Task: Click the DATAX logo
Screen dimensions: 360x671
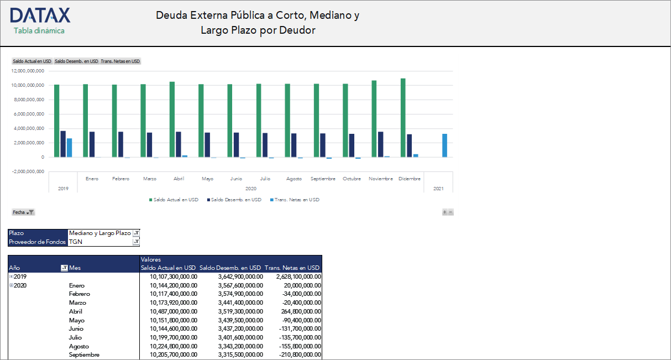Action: click(x=40, y=15)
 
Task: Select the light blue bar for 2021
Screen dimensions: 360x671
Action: click(x=444, y=145)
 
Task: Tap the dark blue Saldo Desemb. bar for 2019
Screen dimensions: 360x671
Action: click(x=63, y=144)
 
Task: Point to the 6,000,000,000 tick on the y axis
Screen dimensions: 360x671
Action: click(x=28, y=114)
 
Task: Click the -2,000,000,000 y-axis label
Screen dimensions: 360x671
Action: click(x=28, y=171)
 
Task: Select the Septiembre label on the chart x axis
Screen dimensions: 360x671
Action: click(x=323, y=179)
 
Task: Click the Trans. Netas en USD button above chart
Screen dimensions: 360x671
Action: click(x=120, y=61)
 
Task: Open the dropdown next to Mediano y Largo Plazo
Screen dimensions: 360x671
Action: click(x=137, y=233)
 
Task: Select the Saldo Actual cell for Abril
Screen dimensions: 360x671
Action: click(x=173, y=311)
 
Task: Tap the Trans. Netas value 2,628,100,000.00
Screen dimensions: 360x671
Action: click(x=293, y=276)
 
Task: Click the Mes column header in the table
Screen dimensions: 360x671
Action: click(x=75, y=268)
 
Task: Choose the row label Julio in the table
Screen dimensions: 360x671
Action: click(x=75, y=337)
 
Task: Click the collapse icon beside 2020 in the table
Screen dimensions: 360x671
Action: click(x=11, y=285)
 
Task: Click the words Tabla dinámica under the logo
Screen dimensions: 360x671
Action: click(x=39, y=30)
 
